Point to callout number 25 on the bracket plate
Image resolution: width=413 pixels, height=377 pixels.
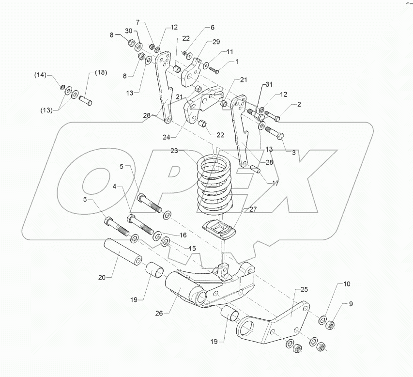pyautogui.click(x=304, y=289)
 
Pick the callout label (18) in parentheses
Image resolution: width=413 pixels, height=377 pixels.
pyautogui.click(x=100, y=72)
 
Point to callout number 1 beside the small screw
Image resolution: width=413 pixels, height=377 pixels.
pyautogui.click(x=237, y=62)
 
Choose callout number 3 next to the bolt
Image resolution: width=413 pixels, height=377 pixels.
pyautogui.click(x=293, y=152)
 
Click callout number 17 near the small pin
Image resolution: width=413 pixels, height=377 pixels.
pyautogui.click(x=275, y=183)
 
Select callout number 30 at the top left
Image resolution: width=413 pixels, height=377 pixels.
pyautogui.click(x=128, y=31)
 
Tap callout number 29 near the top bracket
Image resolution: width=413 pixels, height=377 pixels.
pyautogui.click(x=216, y=42)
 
